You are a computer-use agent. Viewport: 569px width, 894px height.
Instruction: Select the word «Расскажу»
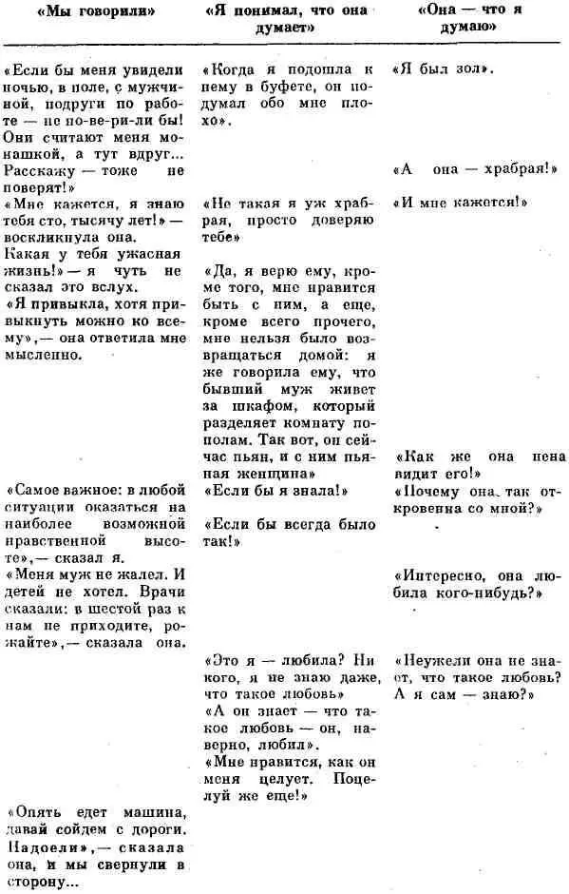[35, 172]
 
